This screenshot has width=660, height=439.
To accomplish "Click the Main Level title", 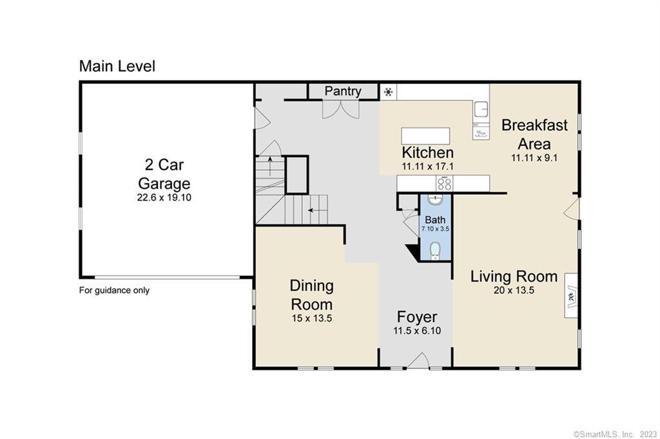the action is tap(117, 66).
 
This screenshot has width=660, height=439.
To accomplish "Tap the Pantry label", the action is tap(343, 91).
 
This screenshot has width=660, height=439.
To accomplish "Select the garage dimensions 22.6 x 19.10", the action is tap(164, 197).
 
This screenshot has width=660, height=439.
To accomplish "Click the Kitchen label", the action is tap(428, 152).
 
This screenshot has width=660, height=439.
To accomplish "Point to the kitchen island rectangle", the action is tap(425, 136).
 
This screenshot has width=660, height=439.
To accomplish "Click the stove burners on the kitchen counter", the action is tap(445, 183).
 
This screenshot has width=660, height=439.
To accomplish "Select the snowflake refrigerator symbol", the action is tap(388, 92).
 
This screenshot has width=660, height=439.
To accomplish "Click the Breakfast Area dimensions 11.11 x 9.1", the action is tap(534, 158).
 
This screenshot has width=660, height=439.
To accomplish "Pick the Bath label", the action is tap(435, 220).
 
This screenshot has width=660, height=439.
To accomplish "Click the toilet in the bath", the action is tap(435, 250).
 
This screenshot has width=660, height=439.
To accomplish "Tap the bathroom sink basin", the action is tap(435, 199).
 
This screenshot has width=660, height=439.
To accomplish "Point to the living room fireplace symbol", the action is tap(571, 296).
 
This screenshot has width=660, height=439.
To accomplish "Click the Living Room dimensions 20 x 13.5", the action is tap(514, 290).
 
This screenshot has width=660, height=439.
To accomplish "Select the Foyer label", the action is tap(417, 317).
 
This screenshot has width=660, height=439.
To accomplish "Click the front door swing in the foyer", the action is tap(418, 361).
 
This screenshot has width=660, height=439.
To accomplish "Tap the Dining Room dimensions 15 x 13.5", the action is tap(312, 318).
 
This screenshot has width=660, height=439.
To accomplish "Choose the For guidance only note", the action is tap(114, 291).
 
